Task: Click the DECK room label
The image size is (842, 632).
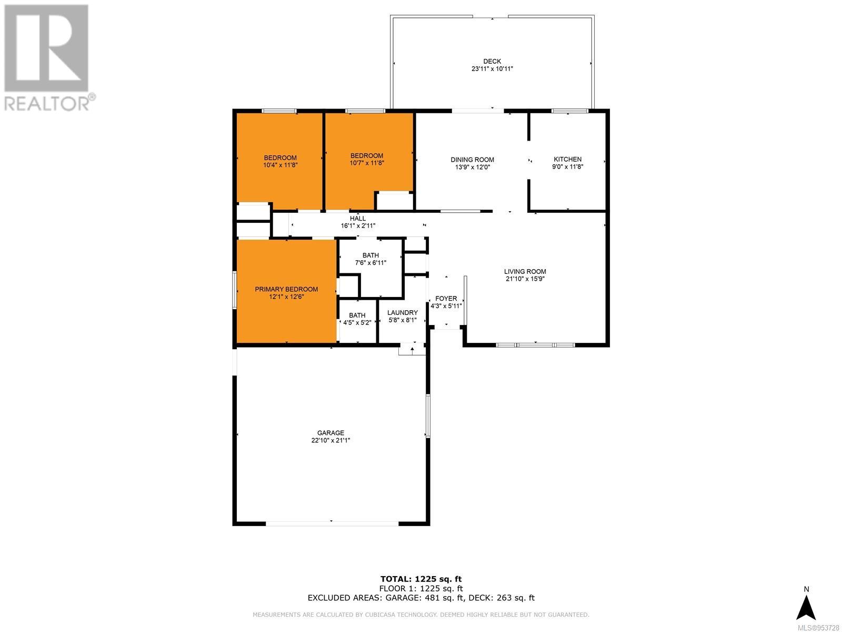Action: point(492,62)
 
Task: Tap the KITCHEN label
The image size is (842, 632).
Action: point(567,159)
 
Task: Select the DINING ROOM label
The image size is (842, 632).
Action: point(472,160)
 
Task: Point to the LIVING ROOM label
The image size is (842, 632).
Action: point(525,272)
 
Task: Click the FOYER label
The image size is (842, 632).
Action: point(446,299)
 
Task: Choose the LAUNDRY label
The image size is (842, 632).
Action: point(403,313)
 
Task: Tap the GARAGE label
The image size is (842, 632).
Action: point(330,433)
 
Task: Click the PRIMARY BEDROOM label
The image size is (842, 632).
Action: point(286,289)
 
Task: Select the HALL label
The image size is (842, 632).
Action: point(358,219)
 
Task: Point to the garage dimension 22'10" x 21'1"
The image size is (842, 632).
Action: point(330,440)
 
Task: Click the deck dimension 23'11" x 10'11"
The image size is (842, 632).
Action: point(492,68)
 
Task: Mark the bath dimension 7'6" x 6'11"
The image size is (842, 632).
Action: point(370,263)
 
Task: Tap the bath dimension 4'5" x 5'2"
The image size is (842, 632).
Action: point(357,323)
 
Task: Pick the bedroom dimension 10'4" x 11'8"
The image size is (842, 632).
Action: point(280,165)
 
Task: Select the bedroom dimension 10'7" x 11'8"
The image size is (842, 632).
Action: point(367,163)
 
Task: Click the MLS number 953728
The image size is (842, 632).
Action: point(818,628)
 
